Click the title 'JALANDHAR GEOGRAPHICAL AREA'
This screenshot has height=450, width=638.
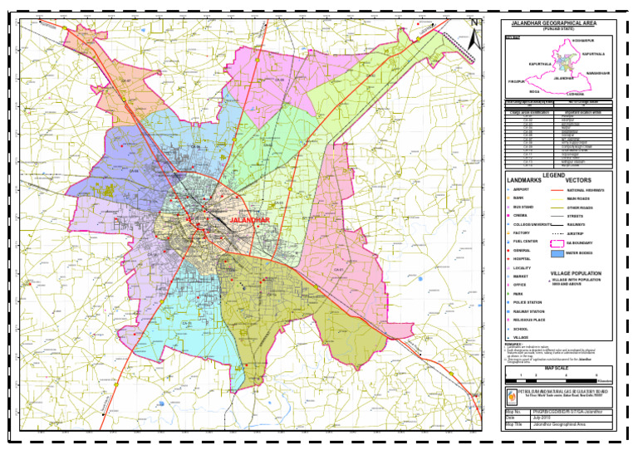tap(557, 23)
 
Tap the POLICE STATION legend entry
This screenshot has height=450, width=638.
tap(528, 302)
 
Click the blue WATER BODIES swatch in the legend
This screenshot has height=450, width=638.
tap(560, 252)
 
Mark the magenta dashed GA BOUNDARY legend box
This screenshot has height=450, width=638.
tap(560, 242)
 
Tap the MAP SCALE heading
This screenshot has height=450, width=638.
tap(557, 368)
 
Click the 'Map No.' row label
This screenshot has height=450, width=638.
tap(513, 411)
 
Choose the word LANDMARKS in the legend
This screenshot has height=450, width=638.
tap(525, 179)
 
